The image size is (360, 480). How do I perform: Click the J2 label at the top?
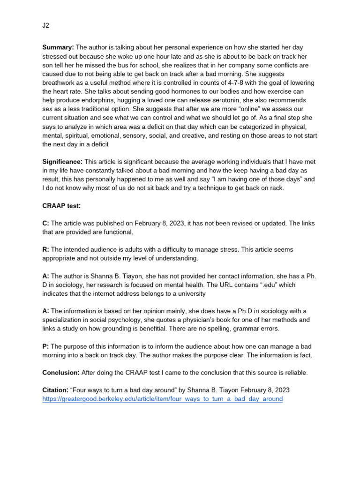[x=46, y=25]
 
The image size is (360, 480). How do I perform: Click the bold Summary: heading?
[x=58, y=47]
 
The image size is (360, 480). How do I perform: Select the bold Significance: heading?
[x=62, y=162]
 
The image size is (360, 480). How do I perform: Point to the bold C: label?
[x=45, y=223]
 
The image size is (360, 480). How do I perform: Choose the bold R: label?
[x=45, y=249]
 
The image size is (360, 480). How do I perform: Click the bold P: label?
[x=45, y=346]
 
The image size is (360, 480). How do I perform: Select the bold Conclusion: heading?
[x=61, y=373]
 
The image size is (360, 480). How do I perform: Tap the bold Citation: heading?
[x=55, y=390]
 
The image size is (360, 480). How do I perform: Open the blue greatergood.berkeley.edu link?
[x=162, y=399]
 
